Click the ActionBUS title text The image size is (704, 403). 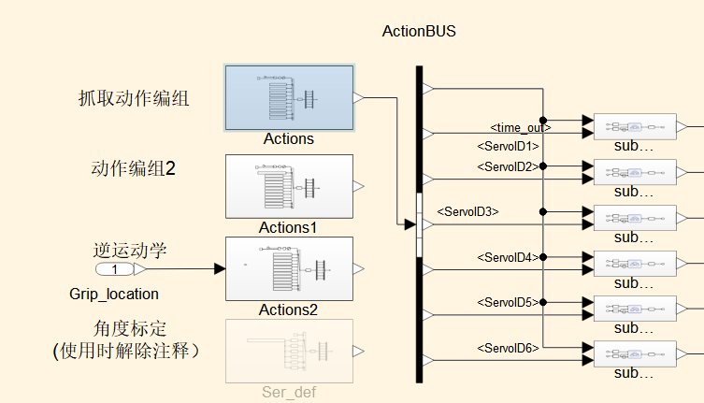419,31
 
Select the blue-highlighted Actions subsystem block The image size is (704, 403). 289,97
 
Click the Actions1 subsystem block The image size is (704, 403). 289,186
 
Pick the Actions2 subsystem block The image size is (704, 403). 289,268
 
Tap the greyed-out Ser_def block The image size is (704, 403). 289,351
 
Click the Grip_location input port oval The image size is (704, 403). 115,269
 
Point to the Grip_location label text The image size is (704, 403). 114,294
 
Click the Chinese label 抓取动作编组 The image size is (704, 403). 134,97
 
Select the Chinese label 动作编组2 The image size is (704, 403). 134,169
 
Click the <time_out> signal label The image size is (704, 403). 521,127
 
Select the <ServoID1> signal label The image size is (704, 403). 508,146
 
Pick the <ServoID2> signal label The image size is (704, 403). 508,166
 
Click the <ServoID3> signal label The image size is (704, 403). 467,211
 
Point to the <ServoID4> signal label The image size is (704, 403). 508,257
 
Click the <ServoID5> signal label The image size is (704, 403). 508,302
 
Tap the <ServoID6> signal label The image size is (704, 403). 508,348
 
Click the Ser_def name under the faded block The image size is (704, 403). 289,393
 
